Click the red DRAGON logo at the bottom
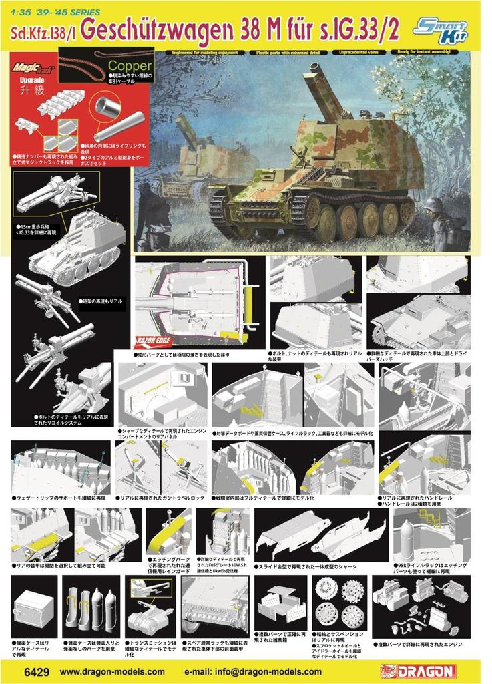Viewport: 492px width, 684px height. click(418, 671)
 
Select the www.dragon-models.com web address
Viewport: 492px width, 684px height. click(112, 671)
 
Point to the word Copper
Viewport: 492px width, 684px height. click(130, 66)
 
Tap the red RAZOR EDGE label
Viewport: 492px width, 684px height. click(153, 338)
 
